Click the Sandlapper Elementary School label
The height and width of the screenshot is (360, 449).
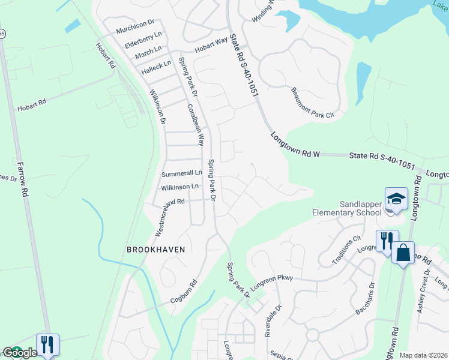pyautogui.click(x=347, y=208)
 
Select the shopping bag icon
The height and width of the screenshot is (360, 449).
pyautogui.click(x=403, y=252)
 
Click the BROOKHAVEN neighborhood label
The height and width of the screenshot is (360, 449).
pyautogui.click(x=155, y=249)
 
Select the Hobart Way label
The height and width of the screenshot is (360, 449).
pyautogui.click(x=209, y=46)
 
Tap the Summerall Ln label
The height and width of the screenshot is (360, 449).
pyautogui.click(x=182, y=173)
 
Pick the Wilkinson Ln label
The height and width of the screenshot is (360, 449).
pyautogui.click(x=180, y=187)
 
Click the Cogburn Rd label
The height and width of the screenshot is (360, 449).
pyautogui.click(x=183, y=291)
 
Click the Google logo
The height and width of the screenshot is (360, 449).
pyautogui.click(x=20, y=353)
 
